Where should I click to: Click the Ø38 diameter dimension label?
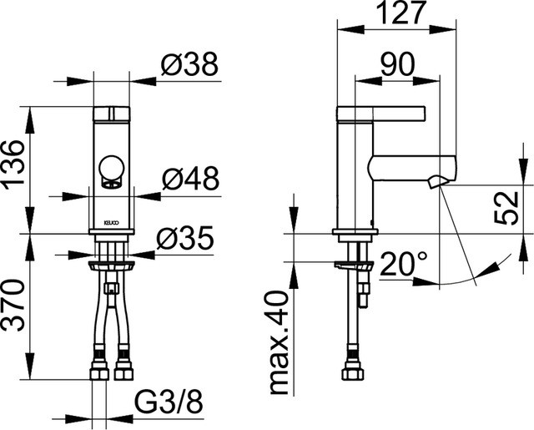pyautogui.click(x=189, y=64)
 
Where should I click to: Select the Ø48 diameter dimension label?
pyautogui.click(x=190, y=179)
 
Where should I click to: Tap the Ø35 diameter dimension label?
pyautogui.click(x=185, y=237)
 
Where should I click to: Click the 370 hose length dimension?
pyautogui.click(x=13, y=305)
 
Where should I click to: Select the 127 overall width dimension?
pyautogui.click(x=400, y=13)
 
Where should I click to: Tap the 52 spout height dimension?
pyautogui.click(x=506, y=208)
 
